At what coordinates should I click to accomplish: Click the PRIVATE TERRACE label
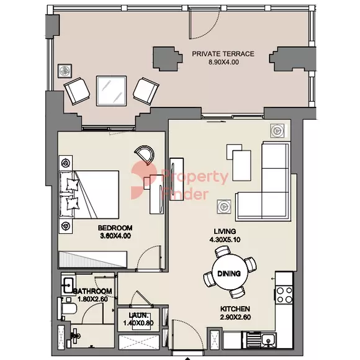pos(223,54)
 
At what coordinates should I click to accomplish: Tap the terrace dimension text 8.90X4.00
pos(223,62)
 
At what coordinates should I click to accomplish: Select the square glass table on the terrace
pos(112,91)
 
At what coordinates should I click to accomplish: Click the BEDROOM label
pos(115,228)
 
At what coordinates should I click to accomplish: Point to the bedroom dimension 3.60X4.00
pos(115,236)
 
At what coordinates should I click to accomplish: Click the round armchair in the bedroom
pos(145,155)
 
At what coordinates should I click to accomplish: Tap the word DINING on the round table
pos(229,274)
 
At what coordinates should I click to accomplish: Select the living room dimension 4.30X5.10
pos(225,240)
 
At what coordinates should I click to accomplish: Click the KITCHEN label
pos(235,309)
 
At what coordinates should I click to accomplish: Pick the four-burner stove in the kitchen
pos(284,295)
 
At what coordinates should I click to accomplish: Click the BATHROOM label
pos(92,291)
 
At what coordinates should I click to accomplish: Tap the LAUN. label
pos(138,315)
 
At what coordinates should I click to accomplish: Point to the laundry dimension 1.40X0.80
pos(138,323)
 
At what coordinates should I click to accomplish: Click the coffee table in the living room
pos(241,166)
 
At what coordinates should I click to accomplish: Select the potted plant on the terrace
pos(65,71)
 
